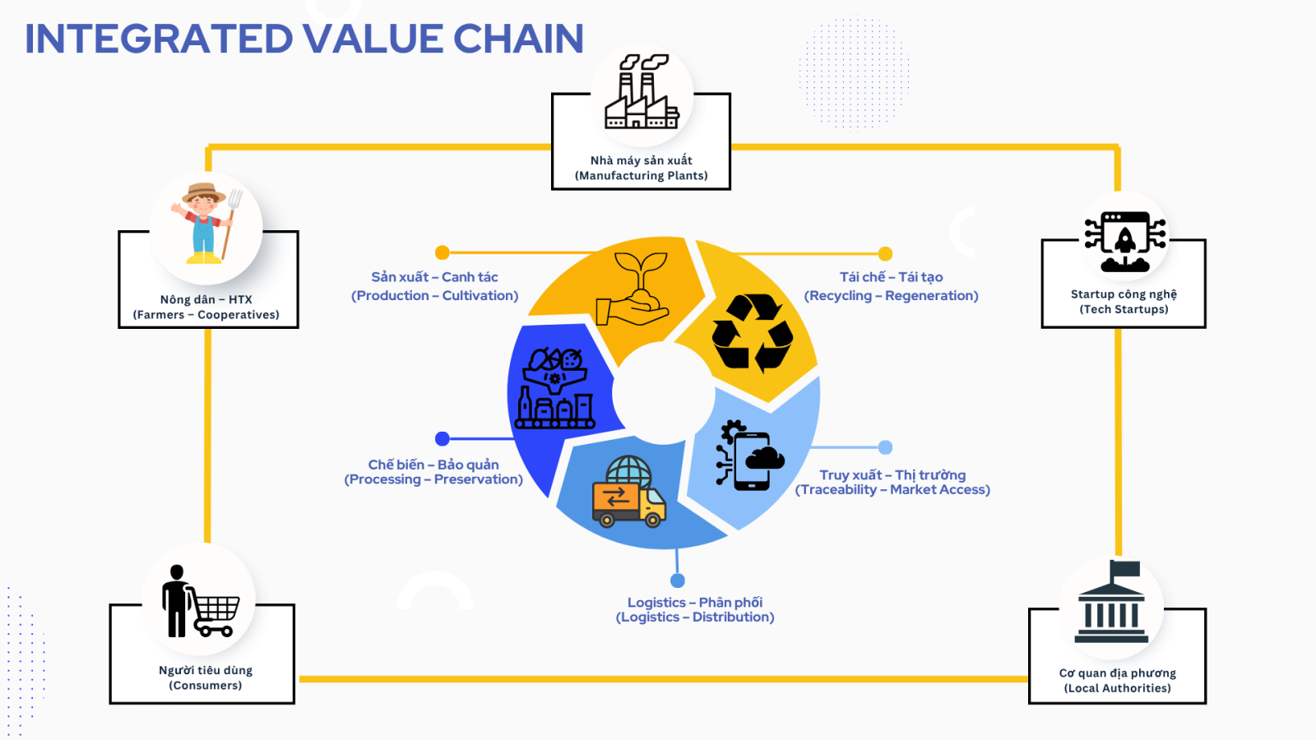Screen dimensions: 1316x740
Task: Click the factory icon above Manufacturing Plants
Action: pyautogui.click(x=642, y=91)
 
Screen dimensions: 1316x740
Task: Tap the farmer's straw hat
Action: pyautogui.click(x=203, y=193)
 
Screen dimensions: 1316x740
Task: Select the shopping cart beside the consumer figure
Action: pyautogui.click(x=213, y=614)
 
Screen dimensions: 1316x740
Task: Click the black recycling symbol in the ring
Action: pyautogui.click(x=752, y=333)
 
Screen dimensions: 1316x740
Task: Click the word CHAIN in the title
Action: pyautogui.click(x=518, y=39)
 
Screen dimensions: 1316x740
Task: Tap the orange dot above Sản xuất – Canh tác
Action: pyautogui.click(x=443, y=252)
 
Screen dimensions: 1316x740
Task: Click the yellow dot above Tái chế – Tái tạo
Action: pyautogui.click(x=885, y=254)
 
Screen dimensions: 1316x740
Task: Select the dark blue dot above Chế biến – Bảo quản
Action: pyautogui.click(x=443, y=439)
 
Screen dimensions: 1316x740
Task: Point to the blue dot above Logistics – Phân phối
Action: pyautogui.click(x=678, y=580)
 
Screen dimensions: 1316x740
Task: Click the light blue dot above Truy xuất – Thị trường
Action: pyautogui.click(x=885, y=447)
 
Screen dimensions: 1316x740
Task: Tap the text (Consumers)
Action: pyautogui.click(x=206, y=686)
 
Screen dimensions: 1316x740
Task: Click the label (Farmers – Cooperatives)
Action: pyautogui.click(x=206, y=315)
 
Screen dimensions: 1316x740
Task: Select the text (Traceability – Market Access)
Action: pyautogui.click(x=892, y=490)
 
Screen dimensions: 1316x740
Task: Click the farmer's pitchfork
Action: pyautogui.click(x=231, y=223)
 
